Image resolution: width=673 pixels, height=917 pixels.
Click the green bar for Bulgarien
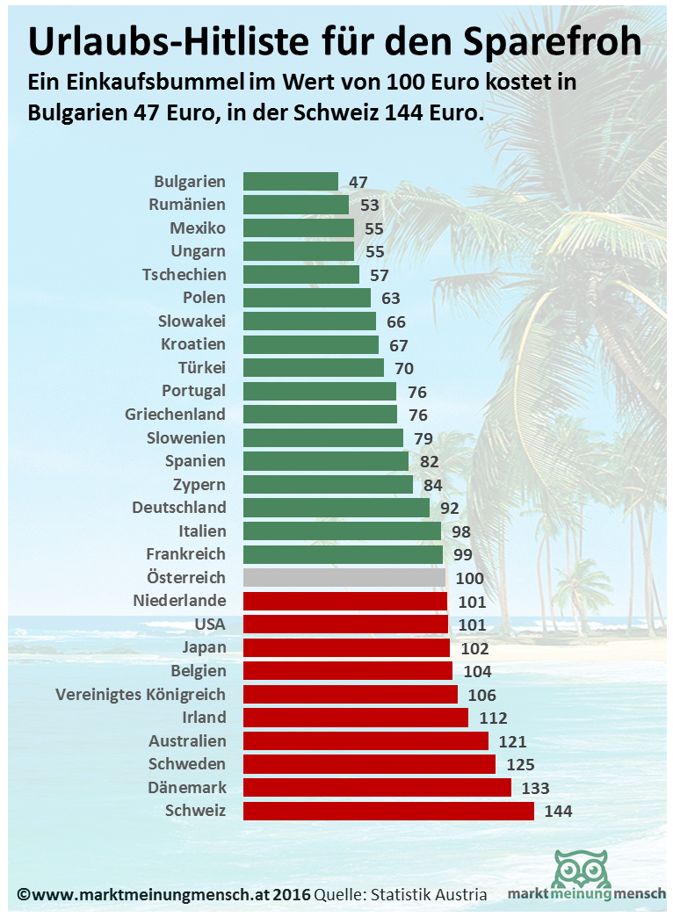tap(290, 182)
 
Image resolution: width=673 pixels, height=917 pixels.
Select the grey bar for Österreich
tap(344, 578)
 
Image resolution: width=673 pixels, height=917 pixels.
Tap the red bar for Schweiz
tap(387, 811)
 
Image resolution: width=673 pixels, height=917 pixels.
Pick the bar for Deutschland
tap(336, 508)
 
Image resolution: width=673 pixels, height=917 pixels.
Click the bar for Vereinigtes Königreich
tap(350, 695)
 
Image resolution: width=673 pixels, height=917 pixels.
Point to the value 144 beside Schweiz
tap(558, 812)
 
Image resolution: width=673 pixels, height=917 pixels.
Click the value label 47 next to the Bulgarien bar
tap(358, 183)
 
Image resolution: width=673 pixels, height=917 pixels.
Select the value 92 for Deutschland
tap(450, 509)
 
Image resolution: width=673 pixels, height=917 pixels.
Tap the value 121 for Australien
tap(511, 742)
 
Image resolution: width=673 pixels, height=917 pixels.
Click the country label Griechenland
tap(175, 415)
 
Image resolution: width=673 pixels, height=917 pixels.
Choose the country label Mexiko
tap(198, 228)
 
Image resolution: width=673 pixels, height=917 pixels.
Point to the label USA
tap(210, 625)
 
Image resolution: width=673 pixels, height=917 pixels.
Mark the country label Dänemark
tap(187, 788)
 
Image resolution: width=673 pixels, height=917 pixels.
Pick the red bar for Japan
tap(346, 648)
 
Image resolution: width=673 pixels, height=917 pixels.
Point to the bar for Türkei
tap(313, 368)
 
